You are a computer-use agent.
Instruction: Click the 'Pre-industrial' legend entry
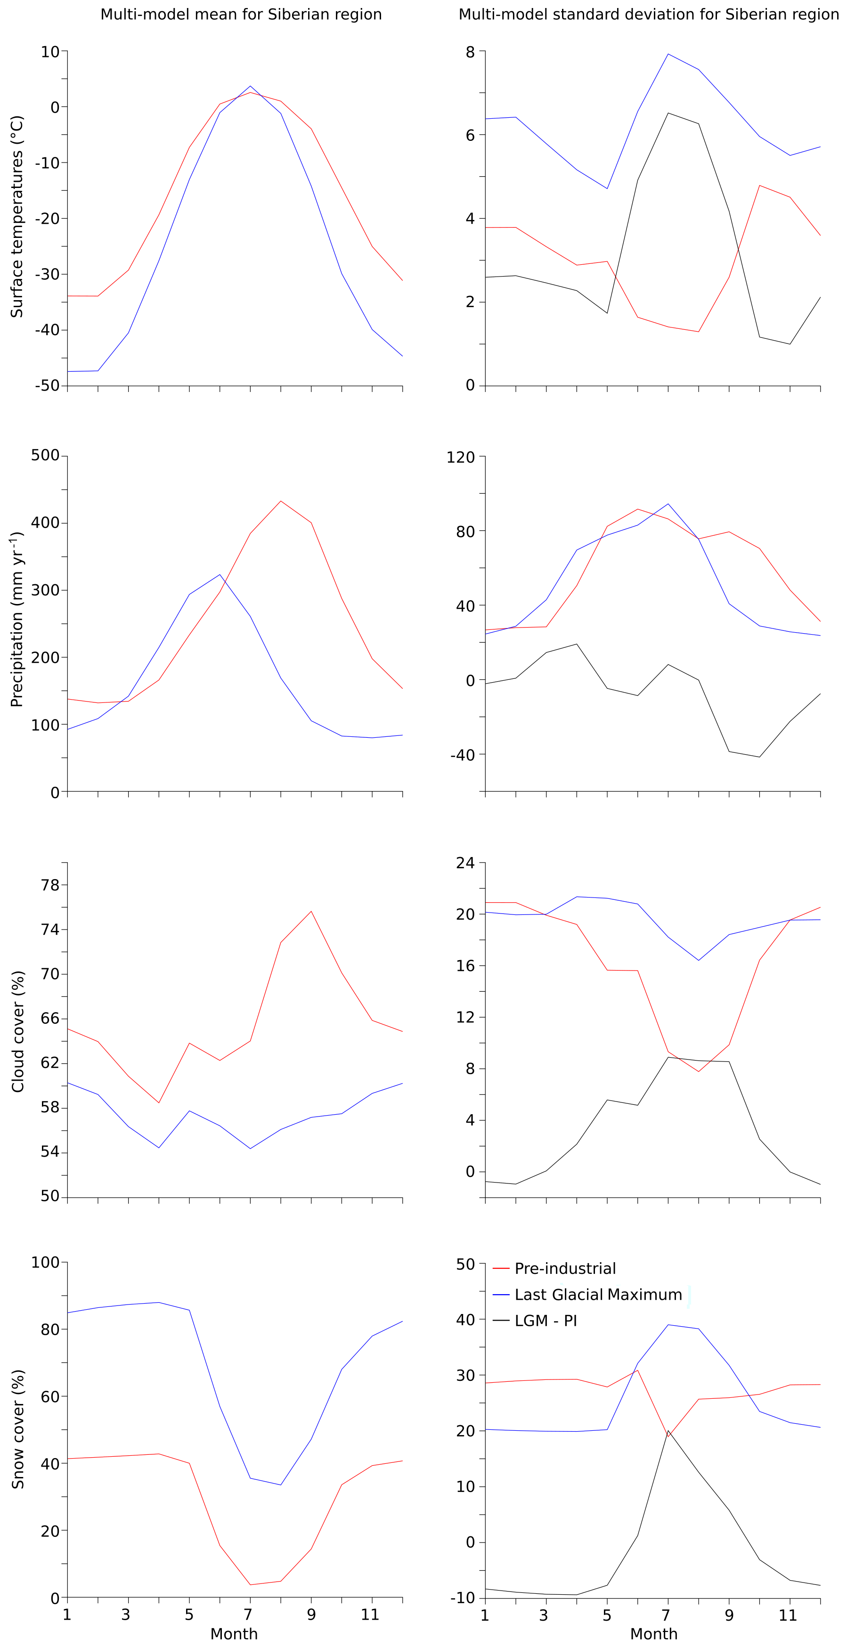click(x=565, y=1269)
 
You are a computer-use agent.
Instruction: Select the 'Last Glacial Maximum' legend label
click(x=598, y=1295)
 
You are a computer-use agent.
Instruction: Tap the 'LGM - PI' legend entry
click(x=546, y=1321)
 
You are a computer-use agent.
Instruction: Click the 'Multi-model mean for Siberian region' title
click(x=241, y=15)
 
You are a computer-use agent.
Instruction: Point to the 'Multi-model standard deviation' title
click(x=649, y=15)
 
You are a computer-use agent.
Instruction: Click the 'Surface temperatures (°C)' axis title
click(x=17, y=216)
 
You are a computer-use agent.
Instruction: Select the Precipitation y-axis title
click(x=17, y=619)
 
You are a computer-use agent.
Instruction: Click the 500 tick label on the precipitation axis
click(x=45, y=456)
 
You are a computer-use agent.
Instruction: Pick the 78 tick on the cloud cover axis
click(x=50, y=885)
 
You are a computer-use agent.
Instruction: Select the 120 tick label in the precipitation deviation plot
click(x=461, y=457)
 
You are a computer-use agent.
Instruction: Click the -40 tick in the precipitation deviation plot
click(x=463, y=755)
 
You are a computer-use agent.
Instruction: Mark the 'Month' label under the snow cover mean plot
click(x=234, y=1634)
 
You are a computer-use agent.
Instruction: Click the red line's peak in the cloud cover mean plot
click(x=311, y=911)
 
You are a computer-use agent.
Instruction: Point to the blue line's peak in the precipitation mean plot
click(x=220, y=574)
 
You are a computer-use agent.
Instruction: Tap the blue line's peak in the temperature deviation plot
click(x=668, y=54)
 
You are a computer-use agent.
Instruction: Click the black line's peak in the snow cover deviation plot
click(x=668, y=1431)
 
